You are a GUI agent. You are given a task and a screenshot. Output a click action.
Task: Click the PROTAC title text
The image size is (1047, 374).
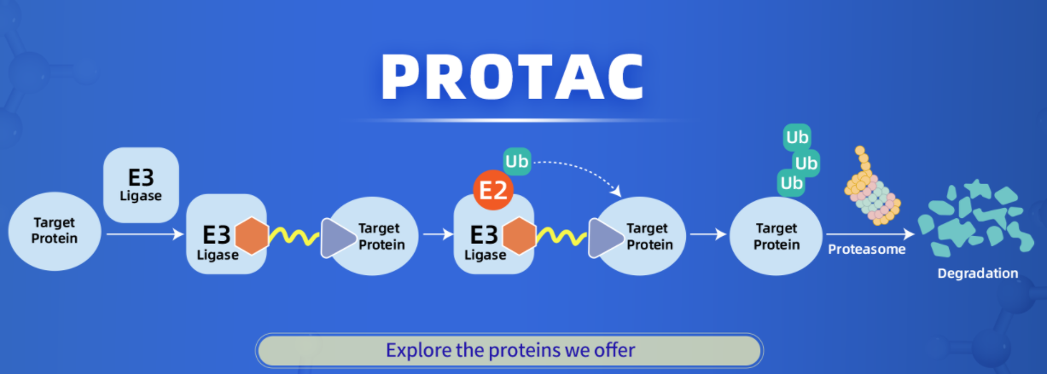pyautogui.click(x=512, y=78)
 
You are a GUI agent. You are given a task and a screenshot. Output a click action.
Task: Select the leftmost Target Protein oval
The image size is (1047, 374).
pyautogui.click(x=54, y=231)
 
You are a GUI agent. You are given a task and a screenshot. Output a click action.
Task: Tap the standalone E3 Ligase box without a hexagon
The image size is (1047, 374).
pyautogui.click(x=141, y=184)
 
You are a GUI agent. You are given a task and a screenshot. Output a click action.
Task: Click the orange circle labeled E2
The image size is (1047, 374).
pyautogui.click(x=492, y=192)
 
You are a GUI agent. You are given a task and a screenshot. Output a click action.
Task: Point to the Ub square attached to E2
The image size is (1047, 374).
pyautogui.click(x=516, y=161)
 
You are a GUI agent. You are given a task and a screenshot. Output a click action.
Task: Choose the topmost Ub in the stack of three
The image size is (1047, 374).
pyautogui.click(x=797, y=136)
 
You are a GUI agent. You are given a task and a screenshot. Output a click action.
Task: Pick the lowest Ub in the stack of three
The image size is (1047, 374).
pyautogui.click(x=791, y=183)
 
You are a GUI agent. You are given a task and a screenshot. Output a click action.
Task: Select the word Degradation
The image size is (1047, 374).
pyautogui.click(x=977, y=273)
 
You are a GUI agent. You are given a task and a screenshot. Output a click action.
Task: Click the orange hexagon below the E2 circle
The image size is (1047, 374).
pyautogui.click(x=519, y=237)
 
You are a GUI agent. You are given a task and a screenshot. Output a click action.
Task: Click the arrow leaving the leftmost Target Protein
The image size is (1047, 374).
pyautogui.click(x=141, y=232)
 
